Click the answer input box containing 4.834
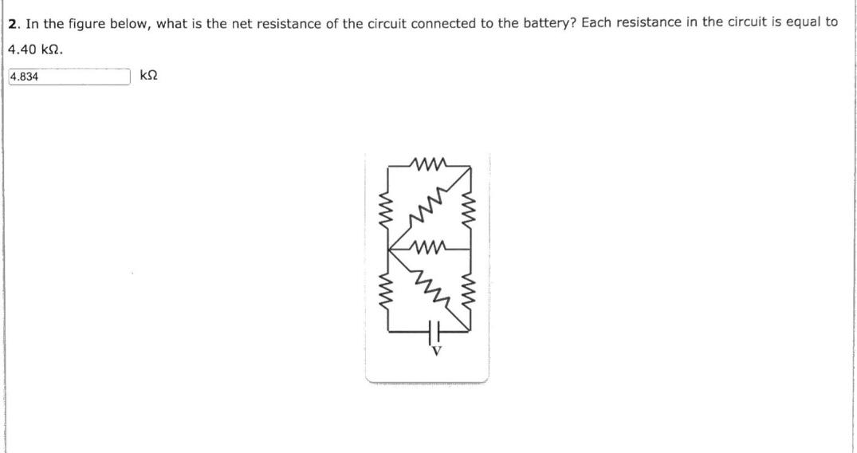69,77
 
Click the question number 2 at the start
13,23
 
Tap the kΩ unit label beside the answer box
148,76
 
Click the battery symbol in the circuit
435,328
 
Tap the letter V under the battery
435,349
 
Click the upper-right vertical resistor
470,208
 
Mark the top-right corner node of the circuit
470,168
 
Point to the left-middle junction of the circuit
391,248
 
